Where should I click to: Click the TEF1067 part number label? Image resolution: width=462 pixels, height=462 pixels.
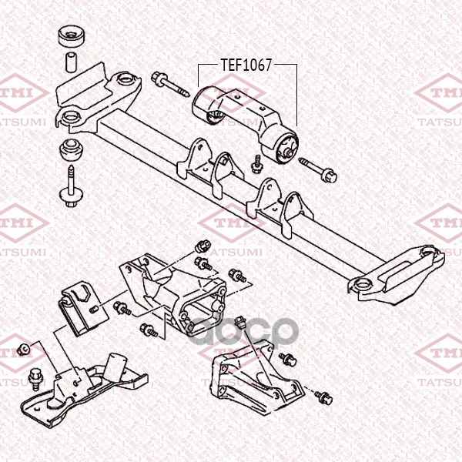coord(247,65)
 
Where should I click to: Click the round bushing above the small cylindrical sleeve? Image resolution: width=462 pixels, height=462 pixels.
coord(70,39)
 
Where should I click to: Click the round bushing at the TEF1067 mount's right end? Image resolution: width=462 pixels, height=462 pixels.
coord(286,146)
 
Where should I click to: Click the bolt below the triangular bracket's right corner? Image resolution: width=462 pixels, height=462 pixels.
coord(323,397)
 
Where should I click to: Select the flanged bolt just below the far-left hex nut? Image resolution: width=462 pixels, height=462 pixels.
coord(35,377)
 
